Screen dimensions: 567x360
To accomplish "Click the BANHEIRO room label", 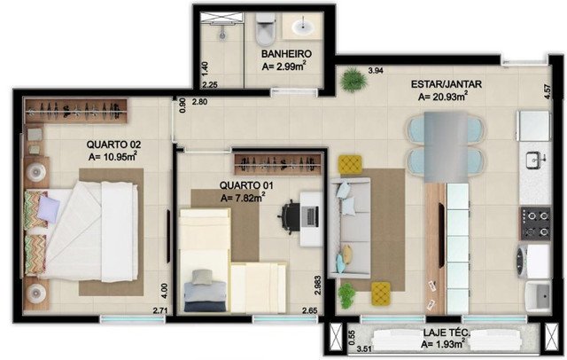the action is tap(286, 53).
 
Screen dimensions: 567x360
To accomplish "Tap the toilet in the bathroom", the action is tap(265, 29).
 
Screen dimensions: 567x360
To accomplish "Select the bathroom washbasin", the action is tap(303, 27).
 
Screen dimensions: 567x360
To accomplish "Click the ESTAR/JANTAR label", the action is tap(447, 84).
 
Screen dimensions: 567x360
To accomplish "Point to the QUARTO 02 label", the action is tap(113, 145).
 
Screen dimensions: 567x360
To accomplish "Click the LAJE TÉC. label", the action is tap(447, 333).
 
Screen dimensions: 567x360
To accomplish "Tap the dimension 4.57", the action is tap(548, 92).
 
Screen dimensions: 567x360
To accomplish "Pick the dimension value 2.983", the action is tap(317, 286).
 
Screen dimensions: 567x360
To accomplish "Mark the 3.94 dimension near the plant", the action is tap(376, 71).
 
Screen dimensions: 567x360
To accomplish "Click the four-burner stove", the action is tap(535, 223).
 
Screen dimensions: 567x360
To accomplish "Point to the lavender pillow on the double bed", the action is tap(49, 209).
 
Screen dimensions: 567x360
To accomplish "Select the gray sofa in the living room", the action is tap(350, 228).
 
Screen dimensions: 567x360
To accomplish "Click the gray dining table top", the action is tap(446, 147).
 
